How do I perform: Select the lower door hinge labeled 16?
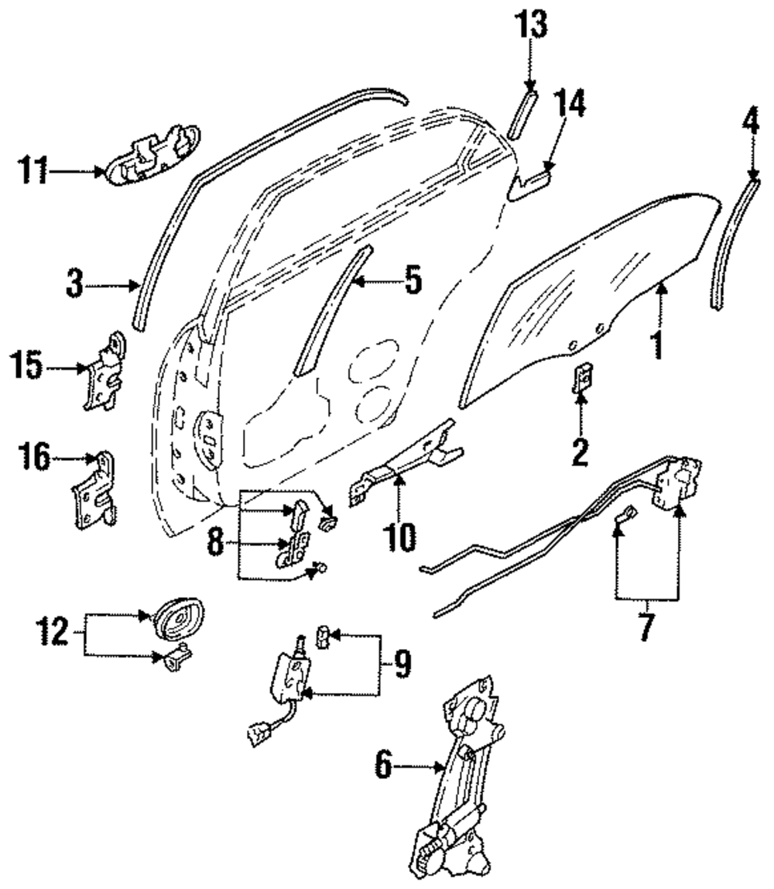point(95,495)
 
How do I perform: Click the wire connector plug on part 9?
point(255,732)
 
